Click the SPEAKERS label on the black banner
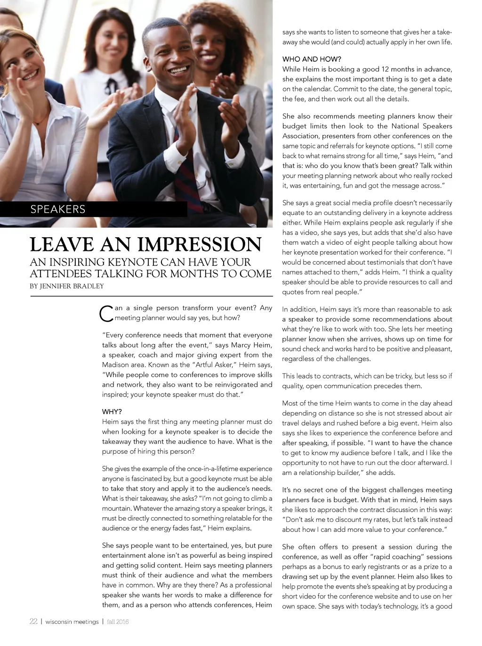point(58,209)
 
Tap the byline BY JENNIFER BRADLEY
point(67,286)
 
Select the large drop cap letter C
point(107,314)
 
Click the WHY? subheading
point(112,412)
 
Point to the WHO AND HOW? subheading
point(312,59)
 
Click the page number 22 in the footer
point(33,621)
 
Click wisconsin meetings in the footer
point(72,622)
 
